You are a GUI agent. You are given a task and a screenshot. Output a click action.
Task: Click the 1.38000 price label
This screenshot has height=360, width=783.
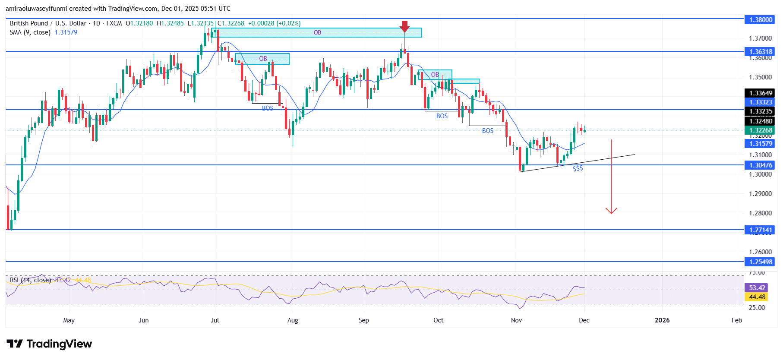coord(760,19)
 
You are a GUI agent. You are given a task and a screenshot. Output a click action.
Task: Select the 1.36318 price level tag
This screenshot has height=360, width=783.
coord(760,52)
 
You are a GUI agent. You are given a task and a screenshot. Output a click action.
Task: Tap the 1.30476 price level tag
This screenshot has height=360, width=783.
coord(760,165)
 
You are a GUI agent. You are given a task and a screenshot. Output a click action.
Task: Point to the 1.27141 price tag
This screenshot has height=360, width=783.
coord(760,230)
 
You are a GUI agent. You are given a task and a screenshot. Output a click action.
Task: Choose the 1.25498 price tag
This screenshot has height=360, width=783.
coord(760,262)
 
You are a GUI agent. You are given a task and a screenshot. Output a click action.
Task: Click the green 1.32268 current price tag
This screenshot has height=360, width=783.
coord(760,130)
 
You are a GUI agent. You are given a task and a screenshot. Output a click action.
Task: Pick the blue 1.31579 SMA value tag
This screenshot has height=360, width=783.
coord(760,144)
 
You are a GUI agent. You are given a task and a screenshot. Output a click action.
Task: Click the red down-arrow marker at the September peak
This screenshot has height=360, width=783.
coord(404,26)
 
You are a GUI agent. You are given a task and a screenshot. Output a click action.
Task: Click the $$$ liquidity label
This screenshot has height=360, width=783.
coord(578,169)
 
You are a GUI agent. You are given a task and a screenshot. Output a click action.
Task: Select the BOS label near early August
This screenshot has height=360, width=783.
coord(268,108)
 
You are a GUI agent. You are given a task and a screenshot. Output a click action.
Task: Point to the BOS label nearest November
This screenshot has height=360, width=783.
coord(488,131)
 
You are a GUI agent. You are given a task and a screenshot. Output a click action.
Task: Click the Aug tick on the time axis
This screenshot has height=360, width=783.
coord(293,320)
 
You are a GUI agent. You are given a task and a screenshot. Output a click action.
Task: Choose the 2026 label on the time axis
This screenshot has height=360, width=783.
coord(662,320)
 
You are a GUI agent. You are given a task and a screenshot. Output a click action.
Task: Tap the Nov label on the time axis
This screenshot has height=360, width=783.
coord(516,320)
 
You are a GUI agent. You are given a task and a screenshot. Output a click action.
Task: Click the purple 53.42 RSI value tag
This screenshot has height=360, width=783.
coord(757,288)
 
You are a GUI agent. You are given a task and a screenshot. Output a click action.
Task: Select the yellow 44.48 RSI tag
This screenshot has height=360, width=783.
coord(757,297)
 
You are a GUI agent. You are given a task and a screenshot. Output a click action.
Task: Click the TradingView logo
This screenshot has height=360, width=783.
coord(49,344)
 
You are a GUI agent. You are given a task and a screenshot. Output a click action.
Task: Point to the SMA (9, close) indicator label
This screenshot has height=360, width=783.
coord(30,32)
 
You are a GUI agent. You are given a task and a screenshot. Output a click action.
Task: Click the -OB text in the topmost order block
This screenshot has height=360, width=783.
coord(317,33)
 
